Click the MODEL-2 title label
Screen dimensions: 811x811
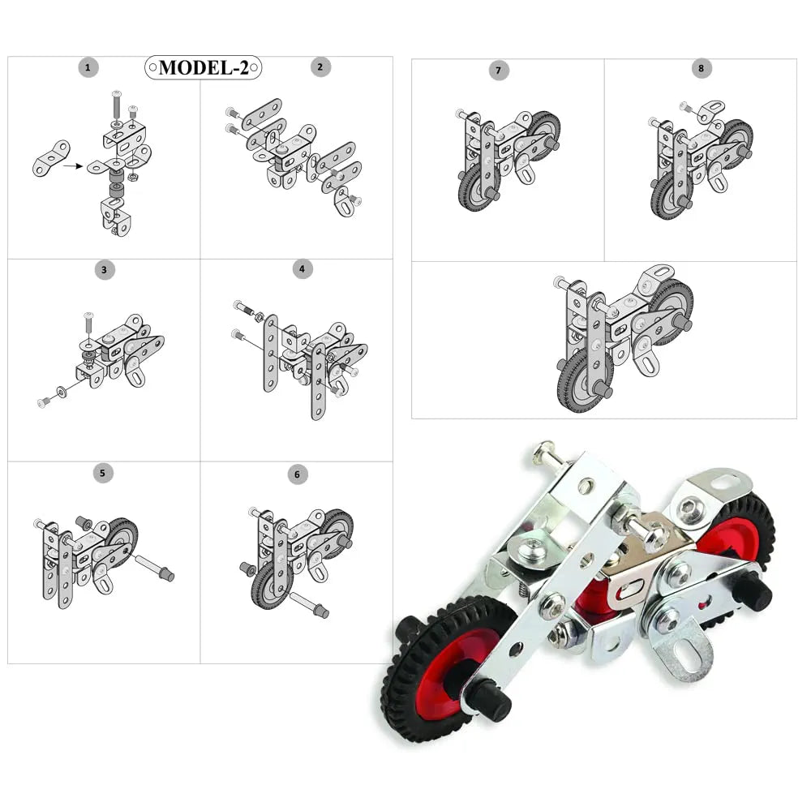(x=204, y=67)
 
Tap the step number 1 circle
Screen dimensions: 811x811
(x=88, y=67)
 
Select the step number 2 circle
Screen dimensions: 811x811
(x=320, y=67)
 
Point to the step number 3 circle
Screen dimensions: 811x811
(x=105, y=269)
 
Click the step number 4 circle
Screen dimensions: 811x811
(x=302, y=269)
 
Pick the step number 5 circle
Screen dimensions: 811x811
(x=102, y=473)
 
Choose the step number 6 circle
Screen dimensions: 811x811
(x=297, y=474)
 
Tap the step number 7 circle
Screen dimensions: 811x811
(x=499, y=71)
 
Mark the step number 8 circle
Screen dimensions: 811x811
(x=702, y=68)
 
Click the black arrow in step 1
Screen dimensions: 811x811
(x=73, y=166)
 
